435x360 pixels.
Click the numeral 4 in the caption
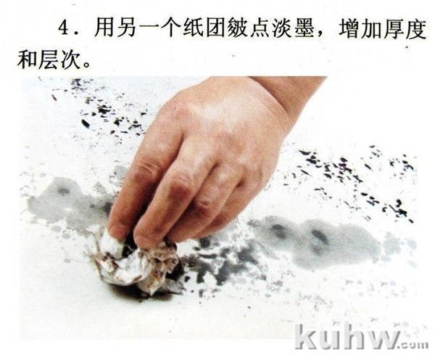65,28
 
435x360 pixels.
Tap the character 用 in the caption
104,28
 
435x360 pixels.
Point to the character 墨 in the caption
304,28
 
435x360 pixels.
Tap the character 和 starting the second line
27,60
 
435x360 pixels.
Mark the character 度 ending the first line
416,28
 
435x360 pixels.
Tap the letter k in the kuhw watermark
307,337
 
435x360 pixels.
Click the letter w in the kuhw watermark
383,340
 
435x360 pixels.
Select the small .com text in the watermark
414,345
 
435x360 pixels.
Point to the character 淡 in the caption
282,28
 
